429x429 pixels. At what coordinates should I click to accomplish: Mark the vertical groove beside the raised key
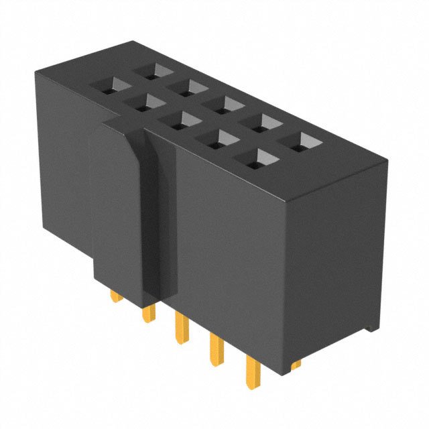[160, 221]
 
